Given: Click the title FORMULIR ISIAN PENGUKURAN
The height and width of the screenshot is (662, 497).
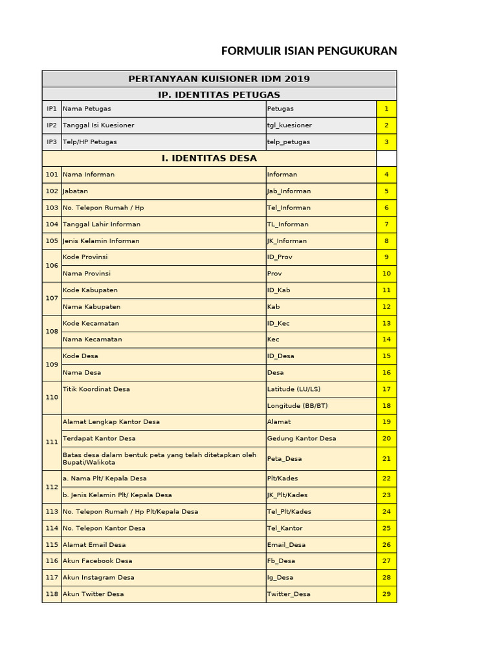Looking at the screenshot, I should (x=309, y=51).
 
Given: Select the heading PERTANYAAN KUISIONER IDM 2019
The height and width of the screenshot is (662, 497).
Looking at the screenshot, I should (x=219, y=79).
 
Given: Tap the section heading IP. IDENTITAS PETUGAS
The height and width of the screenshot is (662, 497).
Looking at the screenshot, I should (x=219, y=94).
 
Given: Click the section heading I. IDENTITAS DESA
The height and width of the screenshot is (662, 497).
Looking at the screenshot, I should (x=209, y=158).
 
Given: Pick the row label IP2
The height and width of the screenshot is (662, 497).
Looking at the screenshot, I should (x=52, y=125).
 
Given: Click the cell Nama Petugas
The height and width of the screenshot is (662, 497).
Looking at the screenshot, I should (x=83, y=109).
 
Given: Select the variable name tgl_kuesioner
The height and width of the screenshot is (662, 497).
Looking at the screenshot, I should (x=289, y=125).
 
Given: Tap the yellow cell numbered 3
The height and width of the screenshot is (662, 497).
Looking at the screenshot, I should (x=386, y=142).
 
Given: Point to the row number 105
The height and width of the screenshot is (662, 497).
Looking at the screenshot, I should (x=52, y=241).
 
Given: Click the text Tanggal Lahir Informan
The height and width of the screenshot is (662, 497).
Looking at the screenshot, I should (x=102, y=224).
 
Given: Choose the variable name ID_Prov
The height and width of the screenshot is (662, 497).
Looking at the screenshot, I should (x=280, y=257).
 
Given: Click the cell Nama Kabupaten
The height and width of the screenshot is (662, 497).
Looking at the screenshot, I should (x=91, y=307).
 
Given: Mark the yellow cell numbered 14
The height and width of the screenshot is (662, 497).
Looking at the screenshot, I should (x=386, y=339).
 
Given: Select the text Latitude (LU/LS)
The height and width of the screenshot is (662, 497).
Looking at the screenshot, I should (x=294, y=389).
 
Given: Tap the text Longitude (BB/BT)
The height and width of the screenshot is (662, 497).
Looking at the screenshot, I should (x=297, y=406).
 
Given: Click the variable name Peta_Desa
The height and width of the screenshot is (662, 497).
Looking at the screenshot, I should (x=284, y=459).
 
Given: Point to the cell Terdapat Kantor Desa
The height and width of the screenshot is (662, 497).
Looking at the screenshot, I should (x=99, y=438).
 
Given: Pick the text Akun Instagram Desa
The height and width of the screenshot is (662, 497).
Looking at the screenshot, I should (x=98, y=577).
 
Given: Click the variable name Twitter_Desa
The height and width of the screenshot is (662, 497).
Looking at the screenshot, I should (x=289, y=594).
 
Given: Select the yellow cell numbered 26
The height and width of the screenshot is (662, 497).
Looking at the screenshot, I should (x=386, y=545).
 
